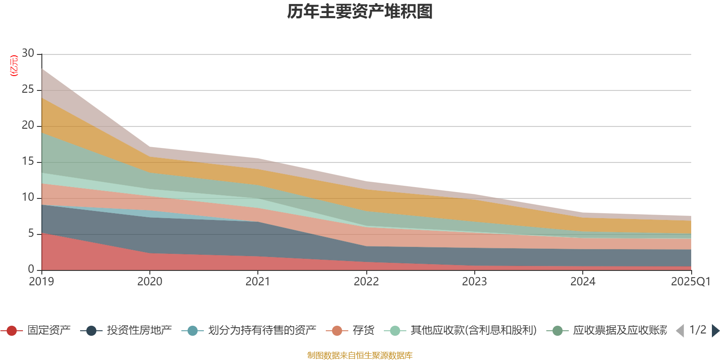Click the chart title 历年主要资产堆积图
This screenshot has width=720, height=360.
[x=360, y=12]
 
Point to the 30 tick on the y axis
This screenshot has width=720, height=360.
[x=28, y=53]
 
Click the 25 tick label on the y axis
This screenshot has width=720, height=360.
[x=28, y=89]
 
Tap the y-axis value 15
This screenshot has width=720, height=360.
[x=28, y=161]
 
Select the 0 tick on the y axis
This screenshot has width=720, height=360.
[x=31, y=269]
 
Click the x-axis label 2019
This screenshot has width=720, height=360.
[x=41, y=282]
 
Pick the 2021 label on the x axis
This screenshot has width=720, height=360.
[x=258, y=282]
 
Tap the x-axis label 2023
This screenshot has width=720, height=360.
[x=474, y=282]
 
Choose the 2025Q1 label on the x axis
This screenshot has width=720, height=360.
[x=690, y=282]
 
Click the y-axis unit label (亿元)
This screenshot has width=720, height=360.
[x=14, y=66]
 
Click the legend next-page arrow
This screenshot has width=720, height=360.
[x=715, y=331]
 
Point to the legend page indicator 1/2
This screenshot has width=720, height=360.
[x=697, y=330]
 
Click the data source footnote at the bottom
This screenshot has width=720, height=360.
[x=360, y=355]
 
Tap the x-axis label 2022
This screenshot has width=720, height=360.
[x=366, y=282]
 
